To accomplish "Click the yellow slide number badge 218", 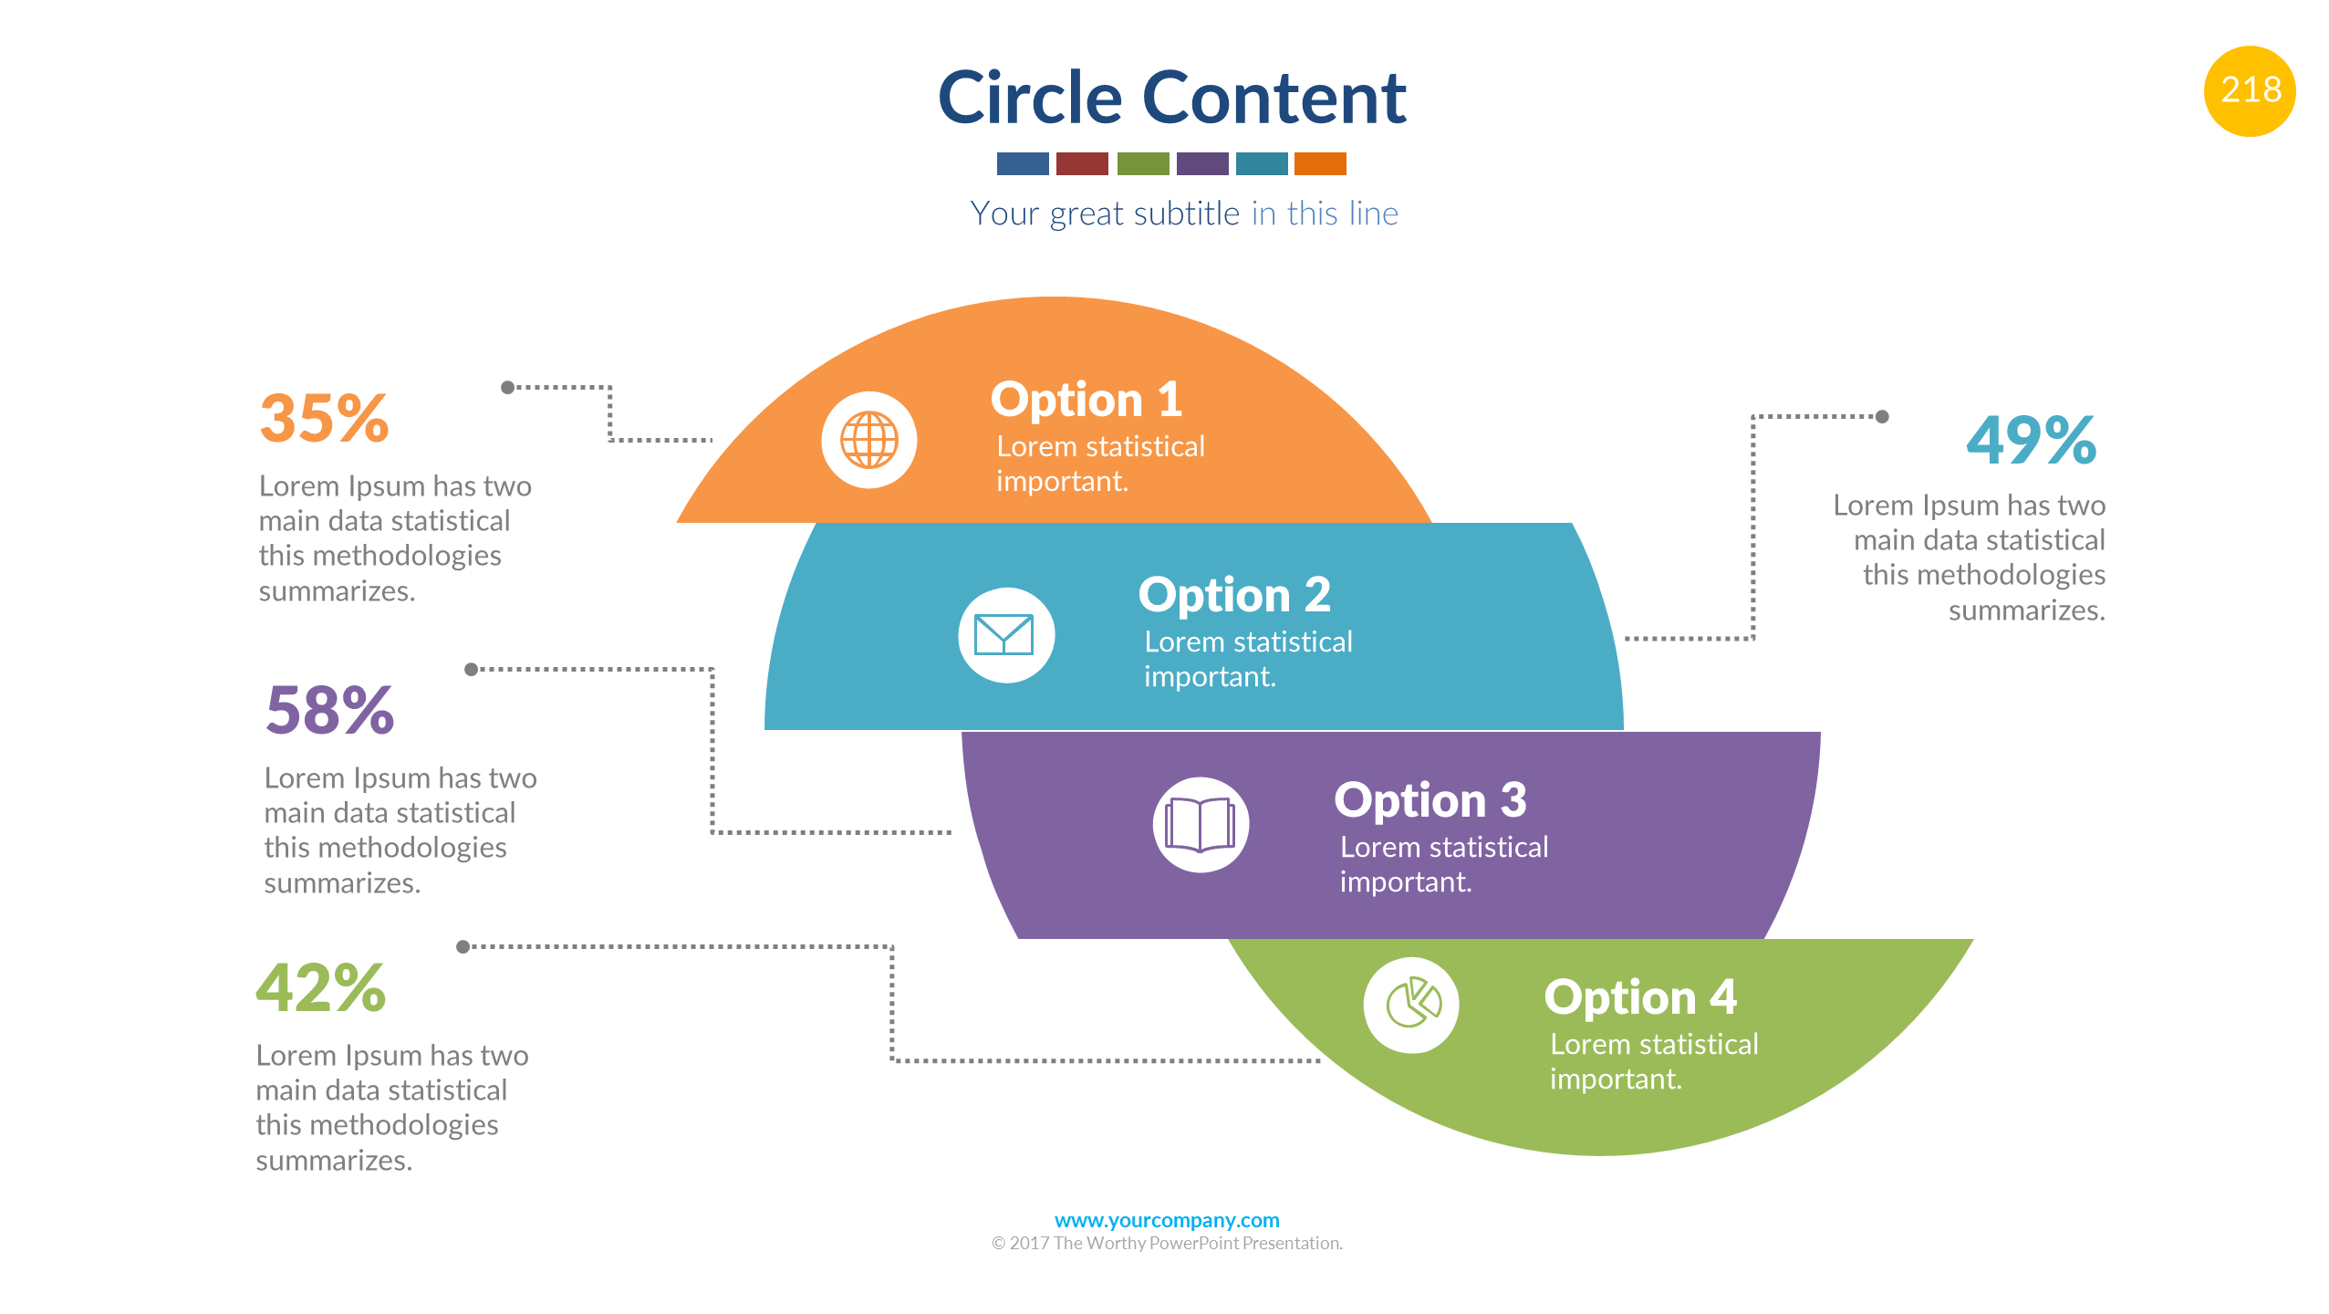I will [2249, 91].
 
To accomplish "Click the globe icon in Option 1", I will [868, 440].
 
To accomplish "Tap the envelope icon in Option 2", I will [1005, 635].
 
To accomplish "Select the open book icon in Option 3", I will [1200, 824].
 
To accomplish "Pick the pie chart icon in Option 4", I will [1411, 1005].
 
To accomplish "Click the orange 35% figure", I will [325, 419].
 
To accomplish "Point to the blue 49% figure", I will [2031, 440].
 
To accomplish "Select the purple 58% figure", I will [329, 710].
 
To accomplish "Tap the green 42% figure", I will [321, 988].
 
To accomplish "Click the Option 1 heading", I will [1086, 400].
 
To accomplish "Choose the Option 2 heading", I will [1233, 595].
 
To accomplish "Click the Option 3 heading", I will [1430, 800].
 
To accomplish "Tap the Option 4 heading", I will [1639, 996].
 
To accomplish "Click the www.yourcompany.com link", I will [1166, 1220].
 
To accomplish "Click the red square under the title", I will [1081, 163].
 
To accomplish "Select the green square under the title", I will [1142, 163].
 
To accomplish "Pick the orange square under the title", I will [1319, 163].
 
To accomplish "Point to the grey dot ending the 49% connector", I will [1881, 417].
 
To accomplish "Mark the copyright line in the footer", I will [1166, 1243].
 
